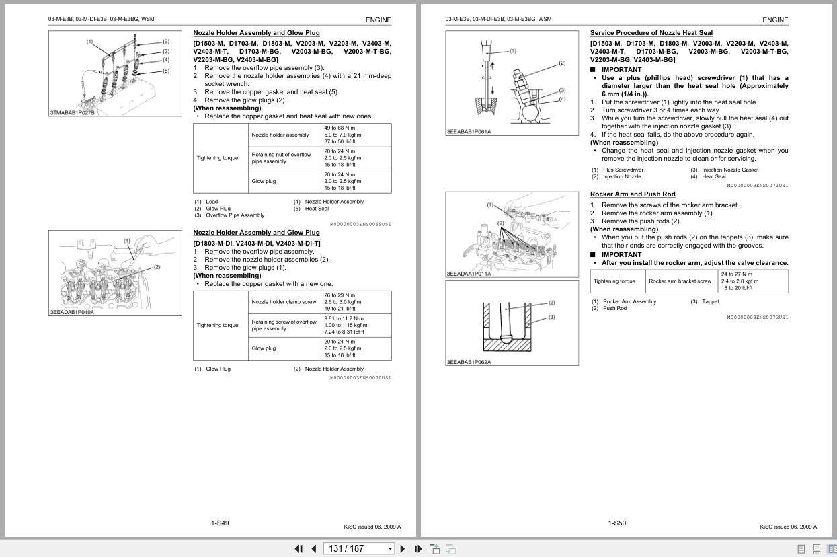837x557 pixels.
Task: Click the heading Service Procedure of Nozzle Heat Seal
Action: point(651,33)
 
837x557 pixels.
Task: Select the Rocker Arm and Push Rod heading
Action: point(632,194)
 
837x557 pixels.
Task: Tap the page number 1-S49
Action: point(220,523)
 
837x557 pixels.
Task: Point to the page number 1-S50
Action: point(616,523)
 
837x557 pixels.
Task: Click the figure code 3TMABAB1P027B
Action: point(73,113)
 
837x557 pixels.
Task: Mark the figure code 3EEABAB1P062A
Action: point(469,362)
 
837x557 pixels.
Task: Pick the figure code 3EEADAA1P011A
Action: point(469,274)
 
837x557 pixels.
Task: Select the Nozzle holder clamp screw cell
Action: point(284,302)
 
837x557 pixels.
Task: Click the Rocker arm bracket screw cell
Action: point(680,281)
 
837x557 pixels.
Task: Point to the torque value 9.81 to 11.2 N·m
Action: point(344,318)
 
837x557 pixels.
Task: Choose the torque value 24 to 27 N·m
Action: point(737,274)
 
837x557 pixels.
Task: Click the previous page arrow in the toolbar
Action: point(313,548)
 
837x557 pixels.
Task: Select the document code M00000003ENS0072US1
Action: point(757,317)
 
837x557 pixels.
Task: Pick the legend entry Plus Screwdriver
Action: point(623,170)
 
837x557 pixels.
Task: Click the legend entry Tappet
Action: point(710,301)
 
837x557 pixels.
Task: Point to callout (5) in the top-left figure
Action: point(165,71)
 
